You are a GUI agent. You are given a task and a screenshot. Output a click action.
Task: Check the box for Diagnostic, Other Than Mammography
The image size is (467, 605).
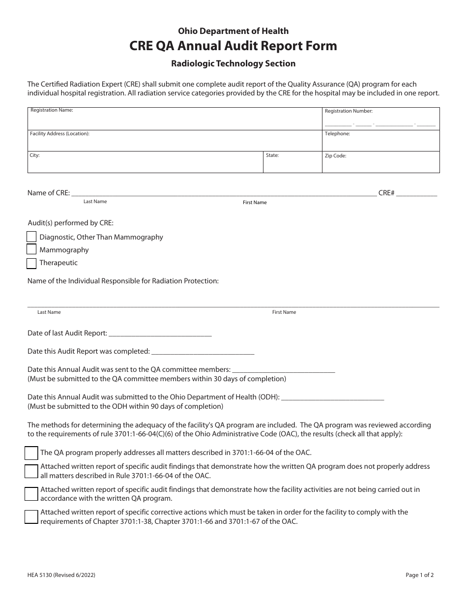pyautogui.click(x=31, y=237)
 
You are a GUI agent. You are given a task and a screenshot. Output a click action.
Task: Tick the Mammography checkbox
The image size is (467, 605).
pyautogui.click(x=31, y=250)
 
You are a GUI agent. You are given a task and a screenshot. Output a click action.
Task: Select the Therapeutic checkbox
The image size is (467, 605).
pyautogui.click(x=31, y=263)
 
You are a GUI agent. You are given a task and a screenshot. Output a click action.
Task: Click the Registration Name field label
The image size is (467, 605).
pyautogui.click(x=52, y=110)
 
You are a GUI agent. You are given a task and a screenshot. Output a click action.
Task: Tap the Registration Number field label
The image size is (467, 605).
pyautogui.click(x=349, y=111)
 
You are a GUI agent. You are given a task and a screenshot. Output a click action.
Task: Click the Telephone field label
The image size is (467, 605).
pyautogui.click(x=337, y=133)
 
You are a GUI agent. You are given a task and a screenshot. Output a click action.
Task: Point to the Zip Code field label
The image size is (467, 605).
pyautogui.click(x=335, y=156)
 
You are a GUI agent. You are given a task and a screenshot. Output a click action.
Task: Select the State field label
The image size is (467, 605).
pyautogui.click(x=272, y=155)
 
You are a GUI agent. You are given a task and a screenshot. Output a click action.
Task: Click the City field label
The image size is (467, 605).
pyautogui.click(x=34, y=155)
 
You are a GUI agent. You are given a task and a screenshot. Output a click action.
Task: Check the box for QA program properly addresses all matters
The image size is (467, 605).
pyautogui.click(x=31, y=453)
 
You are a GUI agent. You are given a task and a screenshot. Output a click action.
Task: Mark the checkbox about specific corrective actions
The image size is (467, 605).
pyautogui.click(x=31, y=516)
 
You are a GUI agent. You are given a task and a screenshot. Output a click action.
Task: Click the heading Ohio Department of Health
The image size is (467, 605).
pyautogui.click(x=233, y=31)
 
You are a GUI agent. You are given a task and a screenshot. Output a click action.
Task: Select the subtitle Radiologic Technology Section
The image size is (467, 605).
pyautogui.click(x=233, y=63)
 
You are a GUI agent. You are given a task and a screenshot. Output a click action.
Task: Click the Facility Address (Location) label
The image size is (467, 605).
pyautogui.click(x=59, y=133)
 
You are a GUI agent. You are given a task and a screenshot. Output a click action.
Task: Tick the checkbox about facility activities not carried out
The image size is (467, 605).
pyautogui.click(x=31, y=493)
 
